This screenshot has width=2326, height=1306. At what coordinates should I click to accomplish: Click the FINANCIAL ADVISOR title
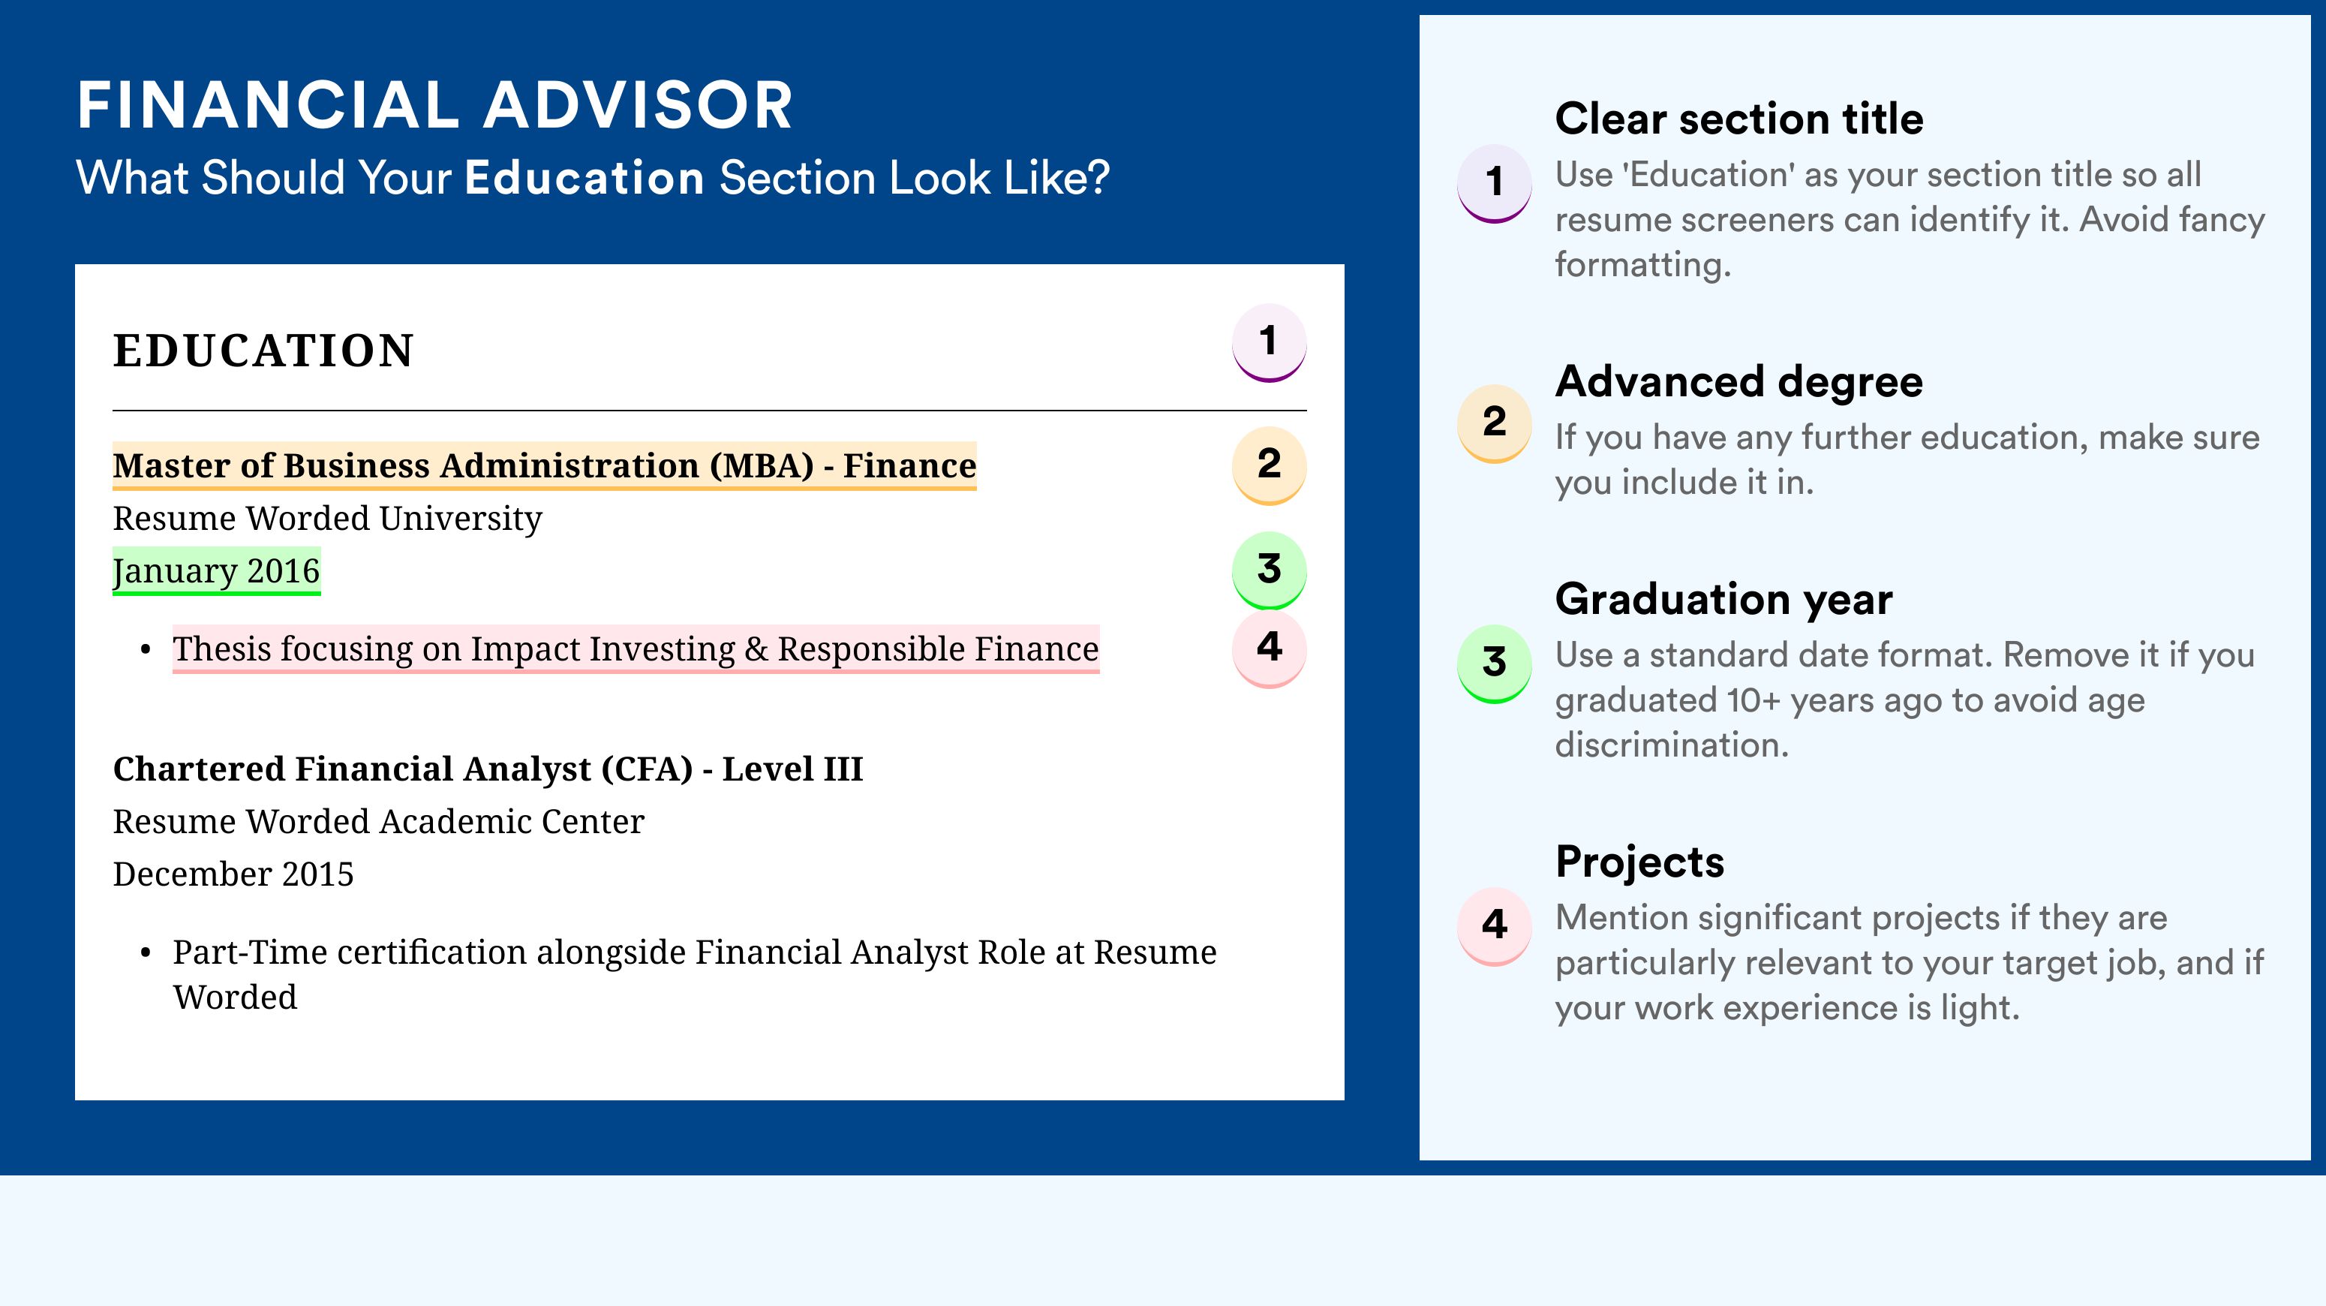435,105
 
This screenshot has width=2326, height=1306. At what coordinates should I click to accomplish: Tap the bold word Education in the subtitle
585,177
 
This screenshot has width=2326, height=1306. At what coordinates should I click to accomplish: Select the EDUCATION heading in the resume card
263,351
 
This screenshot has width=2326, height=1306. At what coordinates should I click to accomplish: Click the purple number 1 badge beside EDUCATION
1269,343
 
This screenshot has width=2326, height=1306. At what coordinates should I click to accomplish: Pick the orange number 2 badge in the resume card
1269,465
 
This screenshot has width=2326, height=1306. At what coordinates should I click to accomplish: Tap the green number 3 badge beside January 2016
1269,570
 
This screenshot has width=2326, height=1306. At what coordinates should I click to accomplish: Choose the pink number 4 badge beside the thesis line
1269,649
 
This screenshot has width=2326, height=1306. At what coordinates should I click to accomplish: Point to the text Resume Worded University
327,519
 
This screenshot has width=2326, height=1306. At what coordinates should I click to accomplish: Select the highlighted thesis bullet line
636,649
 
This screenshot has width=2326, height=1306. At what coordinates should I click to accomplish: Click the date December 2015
233,874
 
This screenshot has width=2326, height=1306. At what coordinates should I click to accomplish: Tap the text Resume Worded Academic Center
378,821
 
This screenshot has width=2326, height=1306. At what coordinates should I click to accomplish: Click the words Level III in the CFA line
793,769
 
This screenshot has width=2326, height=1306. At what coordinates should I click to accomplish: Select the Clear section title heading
1739,119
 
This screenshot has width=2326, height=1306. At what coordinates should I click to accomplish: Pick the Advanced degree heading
1739,382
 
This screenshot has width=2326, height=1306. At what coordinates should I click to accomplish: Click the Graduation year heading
1723,599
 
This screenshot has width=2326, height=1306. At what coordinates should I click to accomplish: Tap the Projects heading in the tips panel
1639,862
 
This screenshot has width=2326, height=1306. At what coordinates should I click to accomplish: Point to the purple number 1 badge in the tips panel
1495,183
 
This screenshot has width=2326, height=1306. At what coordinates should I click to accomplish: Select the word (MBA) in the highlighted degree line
761,466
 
